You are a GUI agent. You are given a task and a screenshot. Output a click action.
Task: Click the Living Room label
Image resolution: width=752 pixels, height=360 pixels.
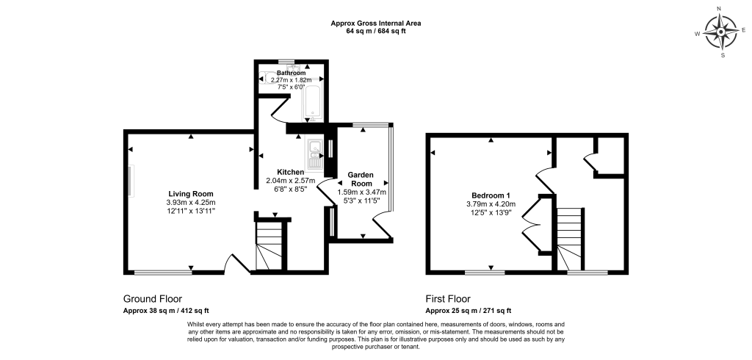click(x=191, y=194)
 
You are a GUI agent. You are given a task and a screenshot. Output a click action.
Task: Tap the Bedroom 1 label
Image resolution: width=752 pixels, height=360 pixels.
click(x=491, y=195)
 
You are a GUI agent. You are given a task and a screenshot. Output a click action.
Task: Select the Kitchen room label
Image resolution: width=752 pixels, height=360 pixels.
click(x=291, y=172)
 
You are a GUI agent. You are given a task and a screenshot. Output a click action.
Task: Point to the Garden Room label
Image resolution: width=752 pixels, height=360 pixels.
click(x=361, y=179)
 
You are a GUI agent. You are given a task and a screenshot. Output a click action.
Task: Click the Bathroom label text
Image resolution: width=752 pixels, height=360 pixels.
click(x=291, y=73)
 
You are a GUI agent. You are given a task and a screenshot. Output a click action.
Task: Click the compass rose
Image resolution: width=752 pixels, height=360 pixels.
click(x=721, y=32)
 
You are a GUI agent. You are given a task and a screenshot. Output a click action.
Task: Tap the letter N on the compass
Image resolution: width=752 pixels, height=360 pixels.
click(x=719, y=9)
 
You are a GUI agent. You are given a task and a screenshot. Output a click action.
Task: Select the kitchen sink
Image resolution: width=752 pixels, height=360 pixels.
click(x=314, y=155)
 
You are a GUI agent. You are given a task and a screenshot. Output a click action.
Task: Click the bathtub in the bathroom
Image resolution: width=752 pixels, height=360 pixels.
click(x=312, y=103)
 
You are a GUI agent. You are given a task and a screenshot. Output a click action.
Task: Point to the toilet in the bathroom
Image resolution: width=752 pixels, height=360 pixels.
click(x=266, y=78)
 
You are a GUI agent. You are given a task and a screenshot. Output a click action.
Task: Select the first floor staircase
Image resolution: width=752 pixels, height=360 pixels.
click(x=570, y=239)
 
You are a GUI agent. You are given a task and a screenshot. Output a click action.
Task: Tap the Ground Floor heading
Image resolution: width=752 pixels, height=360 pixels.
click(x=153, y=299)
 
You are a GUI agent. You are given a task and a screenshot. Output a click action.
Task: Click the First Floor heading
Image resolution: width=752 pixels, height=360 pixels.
click(x=448, y=299)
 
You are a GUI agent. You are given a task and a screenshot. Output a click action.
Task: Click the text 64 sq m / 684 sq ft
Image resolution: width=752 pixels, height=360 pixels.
click(x=376, y=31)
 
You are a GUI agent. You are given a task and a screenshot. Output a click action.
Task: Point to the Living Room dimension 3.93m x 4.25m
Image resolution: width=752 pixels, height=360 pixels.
click(x=191, y=202)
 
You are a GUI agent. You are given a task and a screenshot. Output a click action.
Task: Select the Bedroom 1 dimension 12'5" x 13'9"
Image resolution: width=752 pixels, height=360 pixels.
click(x=491, y=211)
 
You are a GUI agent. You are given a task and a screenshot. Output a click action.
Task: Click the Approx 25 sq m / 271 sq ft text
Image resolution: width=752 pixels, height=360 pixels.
click(x=469, y=311)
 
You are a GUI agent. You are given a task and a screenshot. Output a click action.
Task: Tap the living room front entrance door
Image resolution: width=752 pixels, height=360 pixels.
click(x=236, y=264)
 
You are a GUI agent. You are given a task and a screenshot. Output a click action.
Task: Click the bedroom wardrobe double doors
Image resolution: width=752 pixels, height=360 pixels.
click(x=531, y=223)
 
